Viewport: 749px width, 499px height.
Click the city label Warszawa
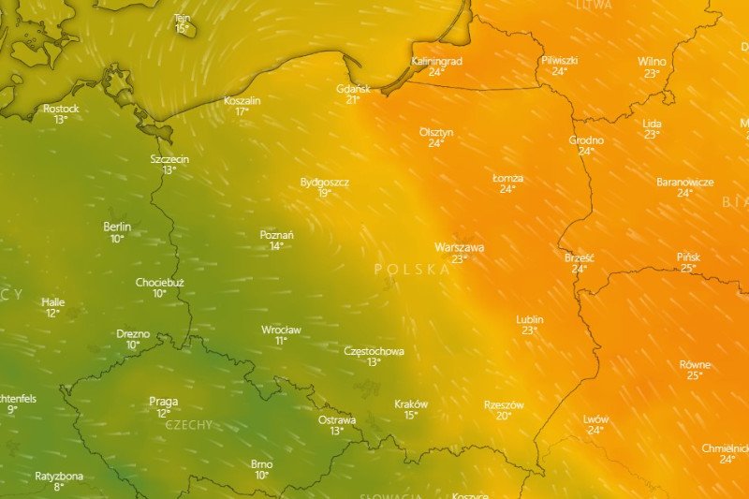click(459, 247)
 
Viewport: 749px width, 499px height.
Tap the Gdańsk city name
click(353, 88)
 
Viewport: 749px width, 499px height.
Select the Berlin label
click(117, 227)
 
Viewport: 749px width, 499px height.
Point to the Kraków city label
click(410, 404)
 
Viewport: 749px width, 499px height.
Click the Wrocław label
click(281, 330)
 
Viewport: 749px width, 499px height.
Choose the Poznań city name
click(276, 235)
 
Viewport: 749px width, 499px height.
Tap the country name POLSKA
click(412, 269)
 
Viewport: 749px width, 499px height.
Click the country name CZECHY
click(189, 424)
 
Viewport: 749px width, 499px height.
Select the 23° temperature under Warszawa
click(459, 259)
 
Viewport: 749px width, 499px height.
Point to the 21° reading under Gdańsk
click(353, 99)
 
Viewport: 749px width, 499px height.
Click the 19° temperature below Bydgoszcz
click(324, 193)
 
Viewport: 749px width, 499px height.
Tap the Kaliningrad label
click(436, 61)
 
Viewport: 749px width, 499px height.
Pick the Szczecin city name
click(169, 159)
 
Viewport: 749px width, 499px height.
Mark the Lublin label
click(530, 319)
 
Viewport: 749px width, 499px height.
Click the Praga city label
click(164, 402)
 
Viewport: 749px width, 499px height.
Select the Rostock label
click(61, 109)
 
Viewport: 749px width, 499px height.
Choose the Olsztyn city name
click(436, 132)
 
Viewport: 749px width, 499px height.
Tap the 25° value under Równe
click(694, 375)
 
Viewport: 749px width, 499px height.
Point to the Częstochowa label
click(374, 351)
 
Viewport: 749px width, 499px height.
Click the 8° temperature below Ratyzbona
click(59, 487)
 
